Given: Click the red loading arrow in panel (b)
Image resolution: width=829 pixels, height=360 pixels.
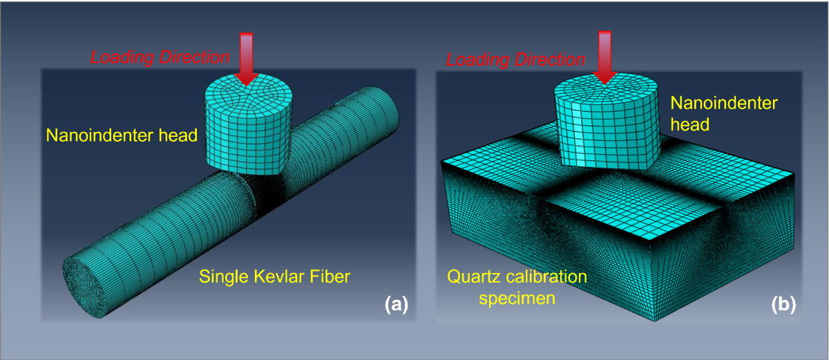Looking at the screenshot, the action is pos(605,57).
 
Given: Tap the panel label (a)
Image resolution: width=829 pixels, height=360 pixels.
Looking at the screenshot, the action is pos(396,304).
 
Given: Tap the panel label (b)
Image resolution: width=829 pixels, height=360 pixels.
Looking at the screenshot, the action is pos(782,304).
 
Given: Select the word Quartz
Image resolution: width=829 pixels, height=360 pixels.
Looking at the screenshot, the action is pos(468,278).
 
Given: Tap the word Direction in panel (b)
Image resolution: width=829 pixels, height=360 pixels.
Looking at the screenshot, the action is pos(550,59).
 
